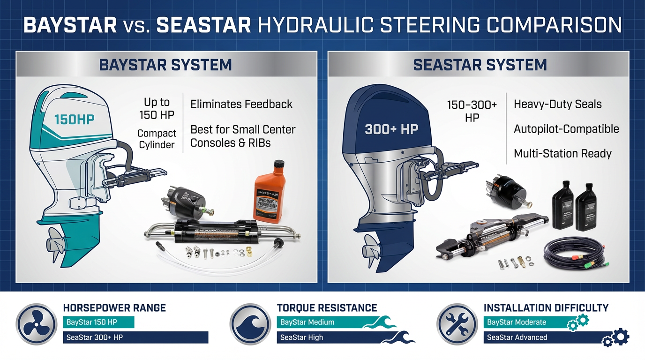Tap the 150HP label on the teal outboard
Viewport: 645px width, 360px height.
pyautogui.click(x=74, y=119)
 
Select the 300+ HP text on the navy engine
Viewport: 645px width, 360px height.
pyautogui.click(x=391, y=129)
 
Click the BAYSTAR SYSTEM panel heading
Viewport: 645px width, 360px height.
pyautogui.click(x=165, y=65)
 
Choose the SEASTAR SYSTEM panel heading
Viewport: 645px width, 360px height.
pyautogui.click(x=480, y=65)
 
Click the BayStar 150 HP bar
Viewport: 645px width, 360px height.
pyautogui.click(x=98, y=322)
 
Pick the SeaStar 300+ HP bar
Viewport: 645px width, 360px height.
pyautogui.click(x=135, y=337)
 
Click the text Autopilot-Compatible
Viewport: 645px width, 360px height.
pyautogui.click(x=566, y=129)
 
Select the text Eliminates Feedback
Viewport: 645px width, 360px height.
pyautogui.click(x=241, y=104)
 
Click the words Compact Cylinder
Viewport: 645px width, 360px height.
pyautogui.click(x=157, y=139)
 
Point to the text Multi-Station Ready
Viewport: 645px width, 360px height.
pyautogui.click(x=562, y=153)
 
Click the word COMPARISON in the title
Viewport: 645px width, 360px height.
pyautogui.click(x=555, y=25)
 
